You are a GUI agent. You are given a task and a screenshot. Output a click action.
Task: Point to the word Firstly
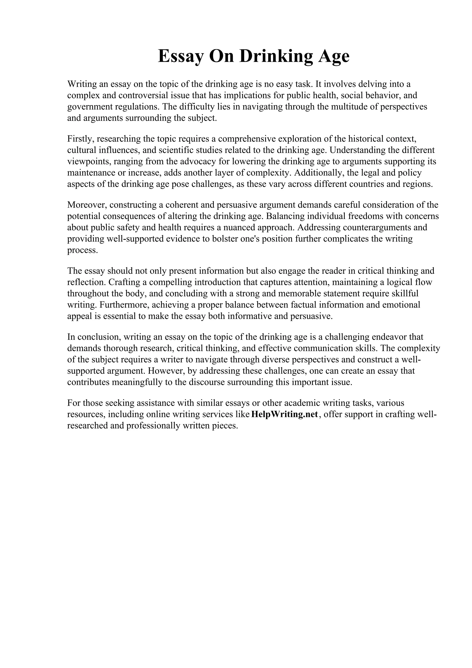tap(79, 139)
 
